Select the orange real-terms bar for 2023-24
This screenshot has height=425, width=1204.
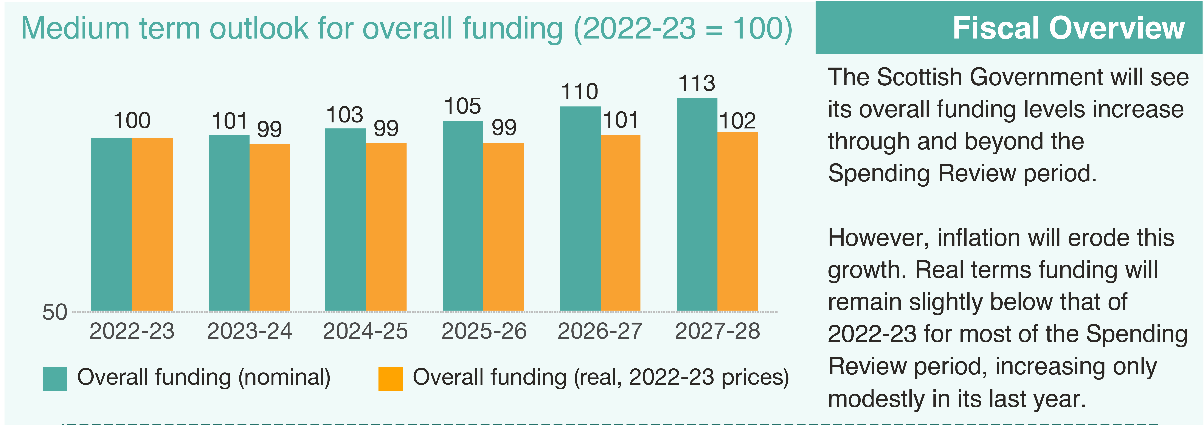(x=270, y=227)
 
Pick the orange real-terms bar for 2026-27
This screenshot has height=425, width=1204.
(x=620, y=223)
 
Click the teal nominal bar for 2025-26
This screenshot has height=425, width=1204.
(x=463, y=216)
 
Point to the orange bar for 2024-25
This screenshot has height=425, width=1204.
(x=386, y=227)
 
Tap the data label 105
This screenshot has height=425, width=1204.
(x=462, y=107)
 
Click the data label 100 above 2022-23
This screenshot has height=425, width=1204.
(x=132, y=121)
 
